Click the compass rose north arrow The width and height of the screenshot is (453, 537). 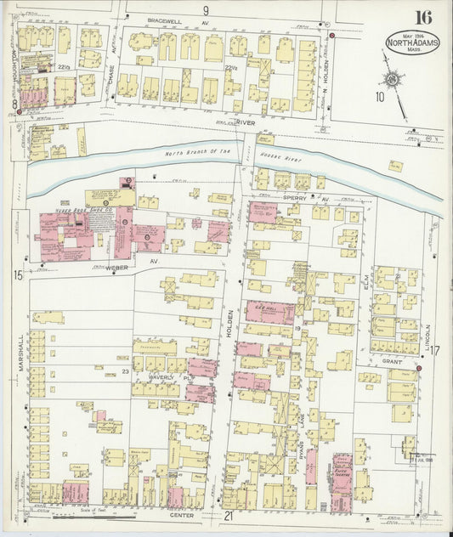[x=393, y=79]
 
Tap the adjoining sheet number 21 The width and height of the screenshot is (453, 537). [x=228, y=516]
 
